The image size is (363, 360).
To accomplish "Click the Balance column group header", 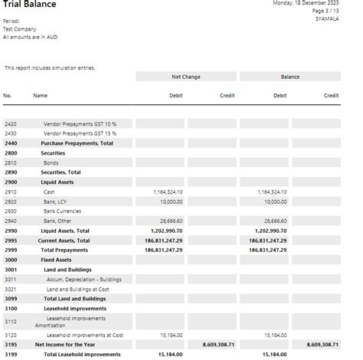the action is (289, 77).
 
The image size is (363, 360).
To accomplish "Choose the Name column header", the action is (40, 96).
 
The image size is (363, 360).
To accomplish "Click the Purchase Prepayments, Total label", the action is (77, 143).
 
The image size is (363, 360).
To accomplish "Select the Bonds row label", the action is (52, 162).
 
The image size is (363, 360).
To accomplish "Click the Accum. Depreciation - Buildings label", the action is (84, 280).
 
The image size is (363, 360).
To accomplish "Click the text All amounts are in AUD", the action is (30, 36).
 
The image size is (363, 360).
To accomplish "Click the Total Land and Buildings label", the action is (74, 299).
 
